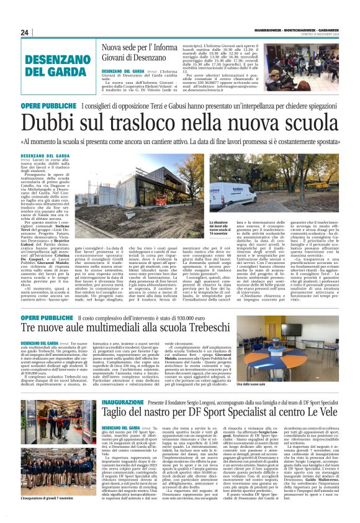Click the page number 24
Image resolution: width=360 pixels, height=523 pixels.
25,32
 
